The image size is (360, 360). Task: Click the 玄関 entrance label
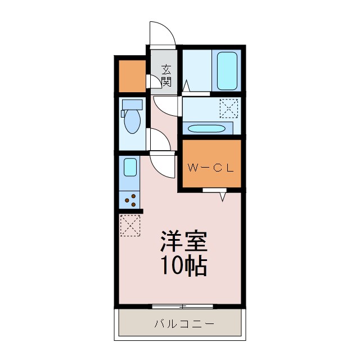pos(166,75)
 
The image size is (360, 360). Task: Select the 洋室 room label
pos(184,242)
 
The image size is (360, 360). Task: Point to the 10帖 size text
pos(184,266)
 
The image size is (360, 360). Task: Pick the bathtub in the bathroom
pos(227,70)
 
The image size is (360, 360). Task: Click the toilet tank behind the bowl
pos(133,105)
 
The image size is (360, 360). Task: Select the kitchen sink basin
pos(130,168)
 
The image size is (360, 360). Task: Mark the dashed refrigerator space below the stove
pos(130,226)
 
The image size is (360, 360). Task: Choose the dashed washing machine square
pos(229,107)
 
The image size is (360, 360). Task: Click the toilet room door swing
pos(157,141)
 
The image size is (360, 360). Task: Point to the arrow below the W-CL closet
pos(223,196)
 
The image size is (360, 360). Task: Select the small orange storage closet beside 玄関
pos(132,74)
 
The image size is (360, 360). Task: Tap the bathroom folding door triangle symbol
pos(186,86)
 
